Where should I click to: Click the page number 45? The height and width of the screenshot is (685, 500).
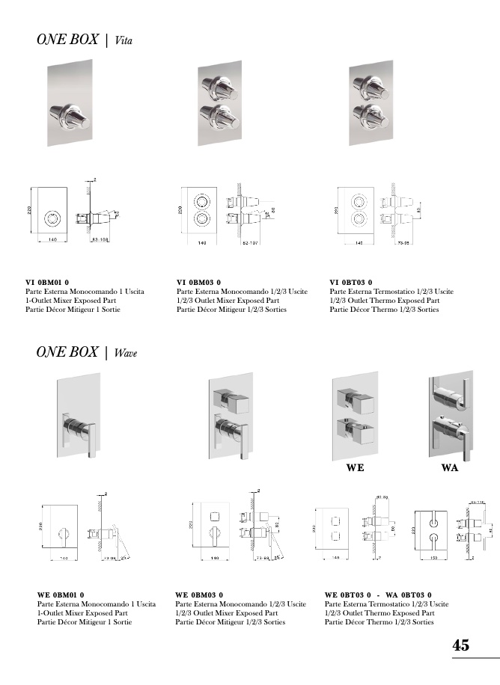[461, 645]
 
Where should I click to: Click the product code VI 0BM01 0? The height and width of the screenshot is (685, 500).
[47, 282]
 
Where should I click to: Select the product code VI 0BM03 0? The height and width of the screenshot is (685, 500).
[198, 282]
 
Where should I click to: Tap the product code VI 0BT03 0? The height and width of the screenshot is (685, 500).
[351, 282]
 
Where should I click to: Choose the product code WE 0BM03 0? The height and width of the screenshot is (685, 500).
[198, 595]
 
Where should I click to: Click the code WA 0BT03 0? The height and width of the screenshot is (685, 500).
[409, 595]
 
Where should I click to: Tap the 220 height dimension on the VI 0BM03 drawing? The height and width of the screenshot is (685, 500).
[180, 211]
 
